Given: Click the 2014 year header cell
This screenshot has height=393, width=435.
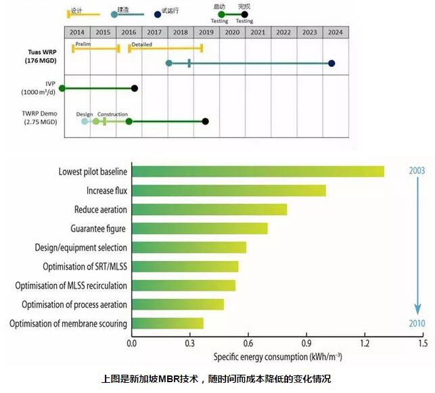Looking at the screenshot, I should click(x=77, y=32).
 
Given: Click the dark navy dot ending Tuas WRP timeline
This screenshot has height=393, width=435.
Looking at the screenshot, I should click(x=331, y=63).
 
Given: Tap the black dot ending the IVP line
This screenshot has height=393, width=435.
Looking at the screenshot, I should click(x=134, y=88).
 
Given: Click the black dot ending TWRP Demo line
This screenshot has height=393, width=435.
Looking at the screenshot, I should click(x=206, y=122).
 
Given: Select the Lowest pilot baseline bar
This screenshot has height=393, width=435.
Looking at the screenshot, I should click(x=257, y=171).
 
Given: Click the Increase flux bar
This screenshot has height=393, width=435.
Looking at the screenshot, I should click(x=228, y=191).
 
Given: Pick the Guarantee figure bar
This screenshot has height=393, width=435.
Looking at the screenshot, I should click(x=199, y=228).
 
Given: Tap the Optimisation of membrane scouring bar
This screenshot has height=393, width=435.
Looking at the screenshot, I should click(x=167, y=323).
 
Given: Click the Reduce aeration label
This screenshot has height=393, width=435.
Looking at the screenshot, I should click(x=100, y=210).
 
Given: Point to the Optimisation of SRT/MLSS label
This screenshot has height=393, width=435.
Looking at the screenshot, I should click(x=85, y=267).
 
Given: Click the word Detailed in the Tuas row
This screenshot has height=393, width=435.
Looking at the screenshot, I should click(x=142, y=45).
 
